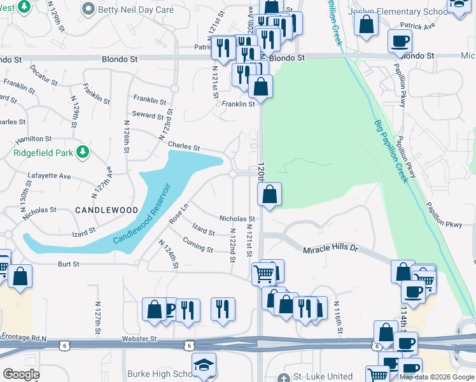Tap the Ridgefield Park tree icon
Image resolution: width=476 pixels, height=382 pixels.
pyautogui.click(x=81, y=152)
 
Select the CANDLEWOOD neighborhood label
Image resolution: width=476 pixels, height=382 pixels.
pyautogui.click(x=106, y=209)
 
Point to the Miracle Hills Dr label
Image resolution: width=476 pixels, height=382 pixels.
pyautogui.click(x=332, y=250)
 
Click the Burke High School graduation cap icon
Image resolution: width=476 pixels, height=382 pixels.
pyautogui.click(x=204, y=365)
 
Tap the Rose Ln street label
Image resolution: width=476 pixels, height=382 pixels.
pyautogui.click(x=179, y=213)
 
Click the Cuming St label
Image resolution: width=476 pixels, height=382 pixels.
pyautogui.click(x=197, y=244)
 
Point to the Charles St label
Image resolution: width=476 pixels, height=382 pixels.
pyautogui.click(x=184, y=146)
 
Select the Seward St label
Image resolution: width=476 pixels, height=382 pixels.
pyautogui.click(x=148, y=115)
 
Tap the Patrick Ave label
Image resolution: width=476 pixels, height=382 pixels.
pyautogui.click(x=417, y=26)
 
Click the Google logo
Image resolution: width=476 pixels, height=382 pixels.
pyautogui.click(x=21, y=374)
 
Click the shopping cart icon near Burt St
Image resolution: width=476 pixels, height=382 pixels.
pyautogui.click(x=263, y=274)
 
